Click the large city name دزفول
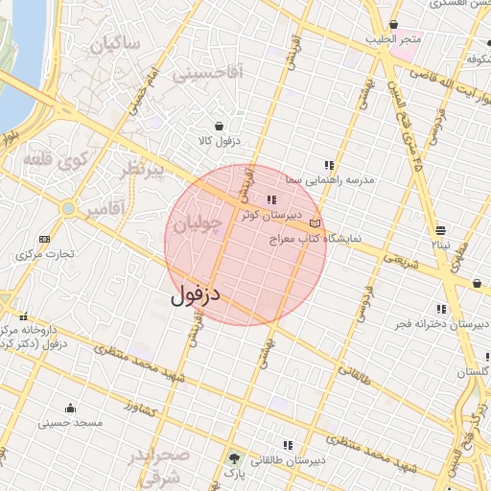(x=196, y=293)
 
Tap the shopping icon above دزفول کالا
(x=220, y=126)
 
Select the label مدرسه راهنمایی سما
(x=335, y=179)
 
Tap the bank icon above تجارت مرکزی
(x=44, y=239)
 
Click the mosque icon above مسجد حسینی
(x=70, y=407)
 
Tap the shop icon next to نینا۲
(x=440, y=230)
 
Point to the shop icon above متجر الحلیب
(x=392, y=25)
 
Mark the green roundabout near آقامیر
(x=67, y=207)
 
